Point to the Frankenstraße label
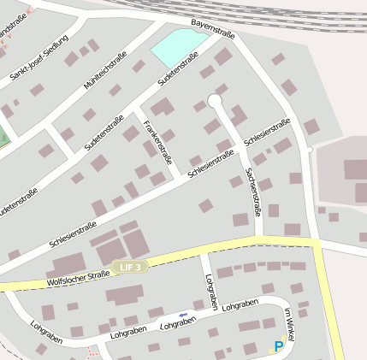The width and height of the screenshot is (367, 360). [158, 142]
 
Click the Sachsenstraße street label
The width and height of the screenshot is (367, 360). [252, 190]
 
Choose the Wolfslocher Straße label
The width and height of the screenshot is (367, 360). [78, 276]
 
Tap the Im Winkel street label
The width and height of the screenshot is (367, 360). [289, 325]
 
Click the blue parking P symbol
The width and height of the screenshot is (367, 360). [278, 346]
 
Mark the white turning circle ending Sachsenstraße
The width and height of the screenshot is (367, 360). [215, 101]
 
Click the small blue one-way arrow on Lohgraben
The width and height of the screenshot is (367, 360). [183, 315]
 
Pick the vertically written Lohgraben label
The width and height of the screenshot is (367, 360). [212, 292]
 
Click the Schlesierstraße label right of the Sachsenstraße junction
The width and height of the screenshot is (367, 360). [267, 131]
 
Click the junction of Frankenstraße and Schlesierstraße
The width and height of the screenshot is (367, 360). [181, 180]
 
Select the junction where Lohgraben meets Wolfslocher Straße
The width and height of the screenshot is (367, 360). [203, 253]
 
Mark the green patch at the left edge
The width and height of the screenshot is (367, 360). [3, 135]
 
